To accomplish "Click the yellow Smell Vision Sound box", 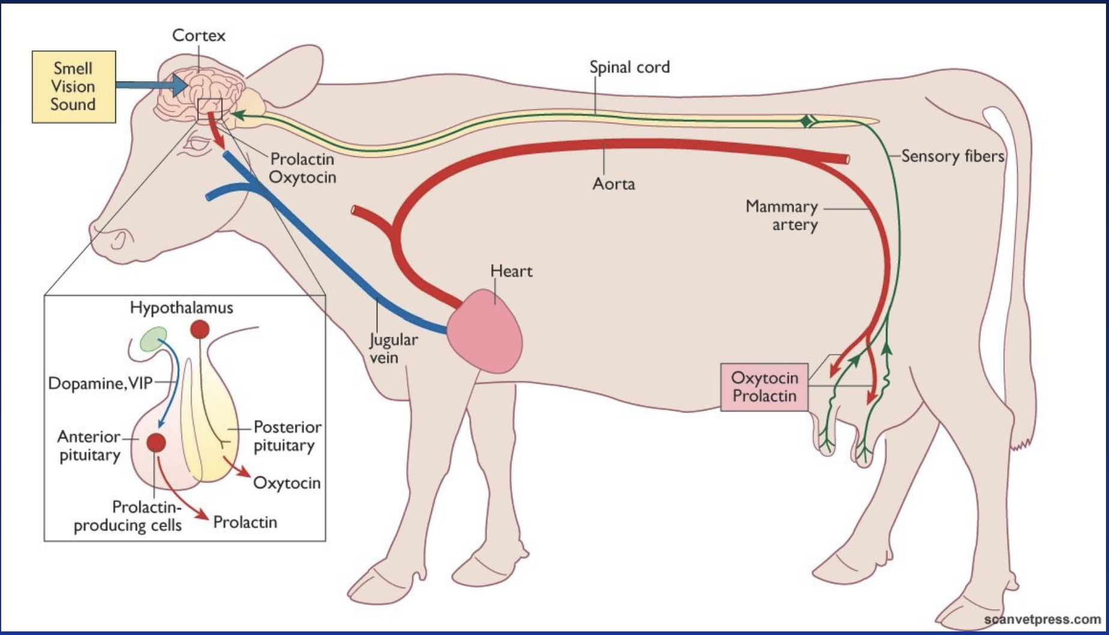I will [x=73, y=87].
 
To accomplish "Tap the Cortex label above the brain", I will [x=199, y=35].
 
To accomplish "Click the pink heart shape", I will [x=484, y=332].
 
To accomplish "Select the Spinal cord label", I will [x=629, y=67].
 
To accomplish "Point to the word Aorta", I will [x=613, y=183].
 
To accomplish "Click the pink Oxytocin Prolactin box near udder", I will [x=764, y=387].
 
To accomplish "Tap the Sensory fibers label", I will [x=952, y=156].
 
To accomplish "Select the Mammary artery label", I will [x=782, y=215].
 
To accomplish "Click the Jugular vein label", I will [x=393, y=348].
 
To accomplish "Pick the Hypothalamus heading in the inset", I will [x=181, y=308].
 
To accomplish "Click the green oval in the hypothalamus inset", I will [x=154, y=339].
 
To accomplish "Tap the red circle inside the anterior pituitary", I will [x=156, y=443].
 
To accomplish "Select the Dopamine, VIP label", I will [x=100, y=383].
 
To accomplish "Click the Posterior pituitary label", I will [x=287, y=436].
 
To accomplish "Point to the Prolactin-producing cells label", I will [x=127, y=516].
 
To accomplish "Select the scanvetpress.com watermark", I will [x=1042, y=619].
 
